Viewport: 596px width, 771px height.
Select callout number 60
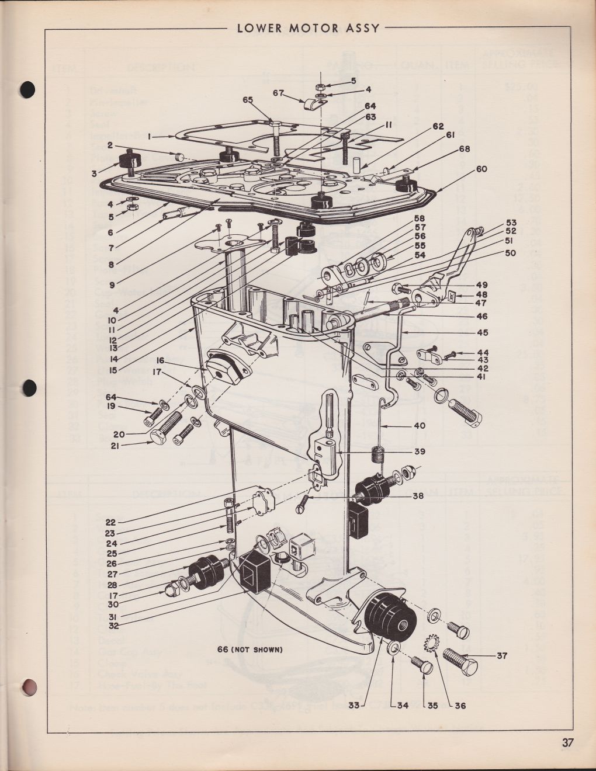point(481,169)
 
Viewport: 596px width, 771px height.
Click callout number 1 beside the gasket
point(150,136)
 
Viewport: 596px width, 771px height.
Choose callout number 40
point(420,425)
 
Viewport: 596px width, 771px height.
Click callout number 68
point(465,150)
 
